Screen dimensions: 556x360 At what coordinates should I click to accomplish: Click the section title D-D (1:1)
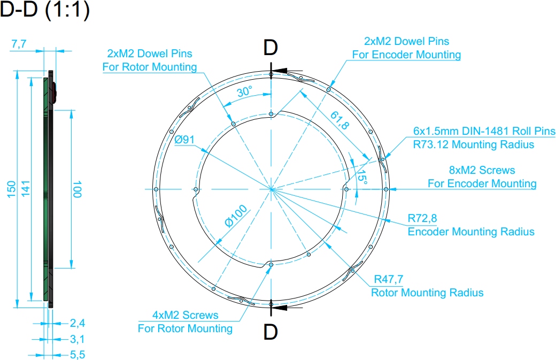click(45, 10)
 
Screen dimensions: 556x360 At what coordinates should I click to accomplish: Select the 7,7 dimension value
click(19, 44)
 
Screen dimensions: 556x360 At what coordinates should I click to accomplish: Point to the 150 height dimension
click(11, 189)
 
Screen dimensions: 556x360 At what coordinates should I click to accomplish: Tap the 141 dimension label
click(26, 188)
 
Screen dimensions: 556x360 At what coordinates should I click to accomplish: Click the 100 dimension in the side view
click(77, 189)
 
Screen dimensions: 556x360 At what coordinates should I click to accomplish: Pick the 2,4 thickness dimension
click(78, 323)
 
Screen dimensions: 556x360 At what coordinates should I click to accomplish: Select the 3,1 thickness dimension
click(78, 339)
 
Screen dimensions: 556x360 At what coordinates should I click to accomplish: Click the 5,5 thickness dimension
click(78, 355)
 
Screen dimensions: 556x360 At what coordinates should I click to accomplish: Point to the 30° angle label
click(245, 91)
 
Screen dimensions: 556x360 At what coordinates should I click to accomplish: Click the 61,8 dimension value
click(339, 120)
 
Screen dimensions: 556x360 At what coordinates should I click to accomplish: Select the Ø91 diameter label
click(184, 140)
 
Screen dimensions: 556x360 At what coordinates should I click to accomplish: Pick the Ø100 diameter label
click(236, 216)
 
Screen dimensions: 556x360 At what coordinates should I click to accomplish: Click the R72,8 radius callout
click(422, 218)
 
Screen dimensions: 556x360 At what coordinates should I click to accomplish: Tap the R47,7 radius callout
click(389, 279)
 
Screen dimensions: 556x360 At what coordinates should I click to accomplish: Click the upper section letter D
click(270, 48)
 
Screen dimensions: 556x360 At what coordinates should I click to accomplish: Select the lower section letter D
click(270, 332)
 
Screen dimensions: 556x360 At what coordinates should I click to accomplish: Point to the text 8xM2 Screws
click(482, 170)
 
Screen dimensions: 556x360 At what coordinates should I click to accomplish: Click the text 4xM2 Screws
click(185, 315)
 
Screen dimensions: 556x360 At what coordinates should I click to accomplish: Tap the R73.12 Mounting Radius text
click(473, 144)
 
